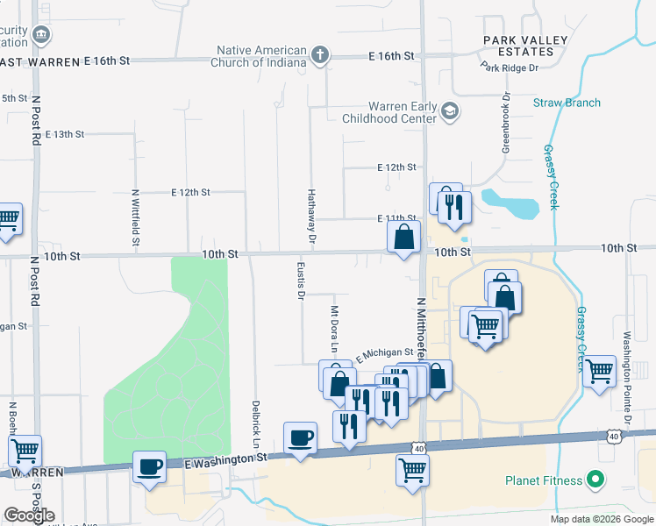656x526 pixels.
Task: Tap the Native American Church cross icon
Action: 320,56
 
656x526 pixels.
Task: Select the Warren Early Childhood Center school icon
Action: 450,110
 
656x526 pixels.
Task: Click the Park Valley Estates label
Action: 519,46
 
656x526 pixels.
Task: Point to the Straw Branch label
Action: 567,103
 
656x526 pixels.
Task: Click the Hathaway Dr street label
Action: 310,215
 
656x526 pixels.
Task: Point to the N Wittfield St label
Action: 135,217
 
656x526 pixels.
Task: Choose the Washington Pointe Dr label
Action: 626,359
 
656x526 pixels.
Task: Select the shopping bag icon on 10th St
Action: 403,237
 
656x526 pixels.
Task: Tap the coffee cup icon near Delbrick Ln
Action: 300,437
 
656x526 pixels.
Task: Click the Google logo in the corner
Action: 28,516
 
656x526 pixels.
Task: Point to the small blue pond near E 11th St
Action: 513,203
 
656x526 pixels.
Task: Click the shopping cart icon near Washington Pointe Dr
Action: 599,371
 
